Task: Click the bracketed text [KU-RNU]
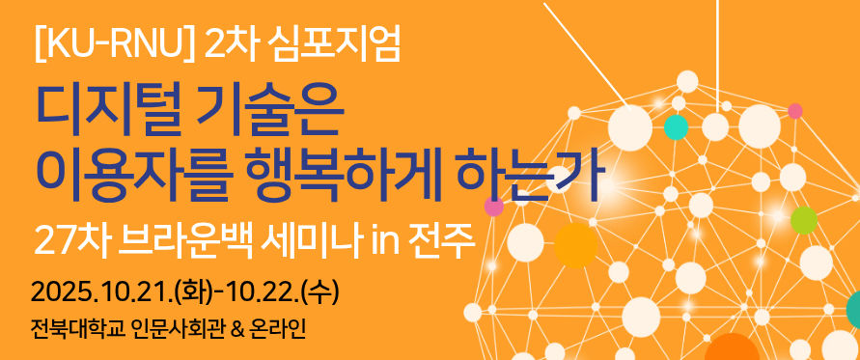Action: [x=115, y=45]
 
